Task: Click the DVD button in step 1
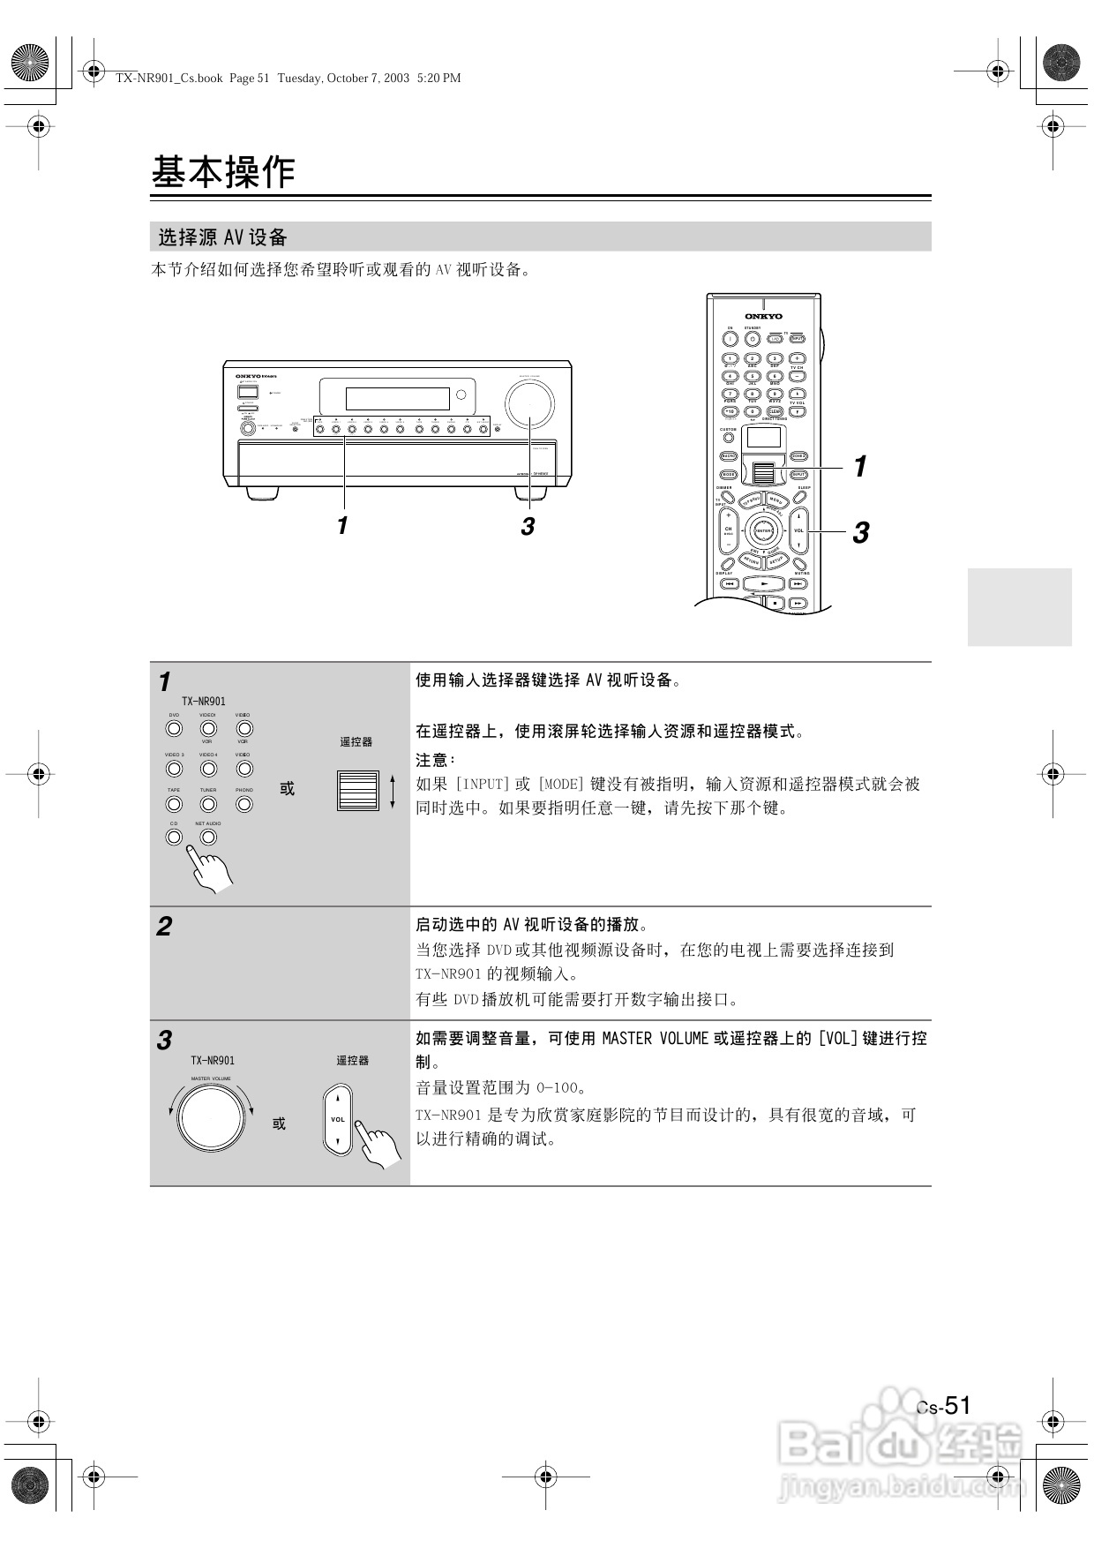tap(174, 729)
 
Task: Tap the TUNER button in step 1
tap(208, 804)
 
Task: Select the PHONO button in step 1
tap(244, 804)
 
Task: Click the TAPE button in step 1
tap(174, 804)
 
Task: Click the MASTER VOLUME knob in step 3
tap(210, 1117)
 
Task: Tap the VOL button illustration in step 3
tap(338, 1119)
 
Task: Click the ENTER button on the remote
tap(763, 530)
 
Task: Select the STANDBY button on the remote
tap(753, 338)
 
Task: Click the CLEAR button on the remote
tap(775, 411)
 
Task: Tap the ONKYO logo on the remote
tap(763, 316)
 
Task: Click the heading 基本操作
tap(223, 172)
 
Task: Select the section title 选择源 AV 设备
tap(223, 237)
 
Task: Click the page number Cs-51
tap(943, 1406)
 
